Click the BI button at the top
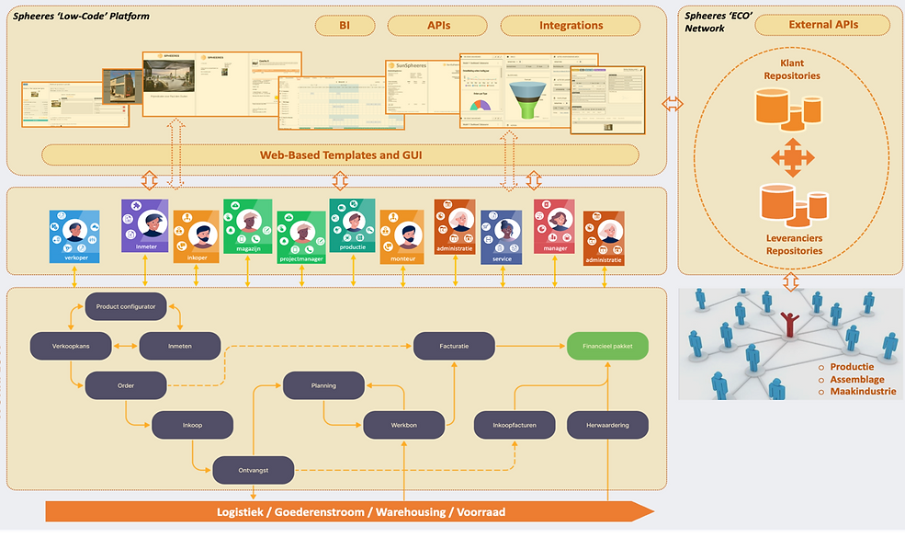[x=343, y=26]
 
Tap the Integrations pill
[x=571, y=26]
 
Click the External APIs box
[x=821, y=25]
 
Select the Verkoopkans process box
[x=72, y=346]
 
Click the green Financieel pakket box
[x=607, y=346]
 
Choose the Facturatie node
[x=454, y=346]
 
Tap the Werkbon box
[x=404, y=425]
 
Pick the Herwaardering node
[x=607, y=425]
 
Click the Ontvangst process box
[x=254, y=469]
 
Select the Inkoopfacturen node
[x=515, y=425]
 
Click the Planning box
[x=322, y=385]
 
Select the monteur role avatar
[x=402, y=235]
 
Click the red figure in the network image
[x=788, y=325]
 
